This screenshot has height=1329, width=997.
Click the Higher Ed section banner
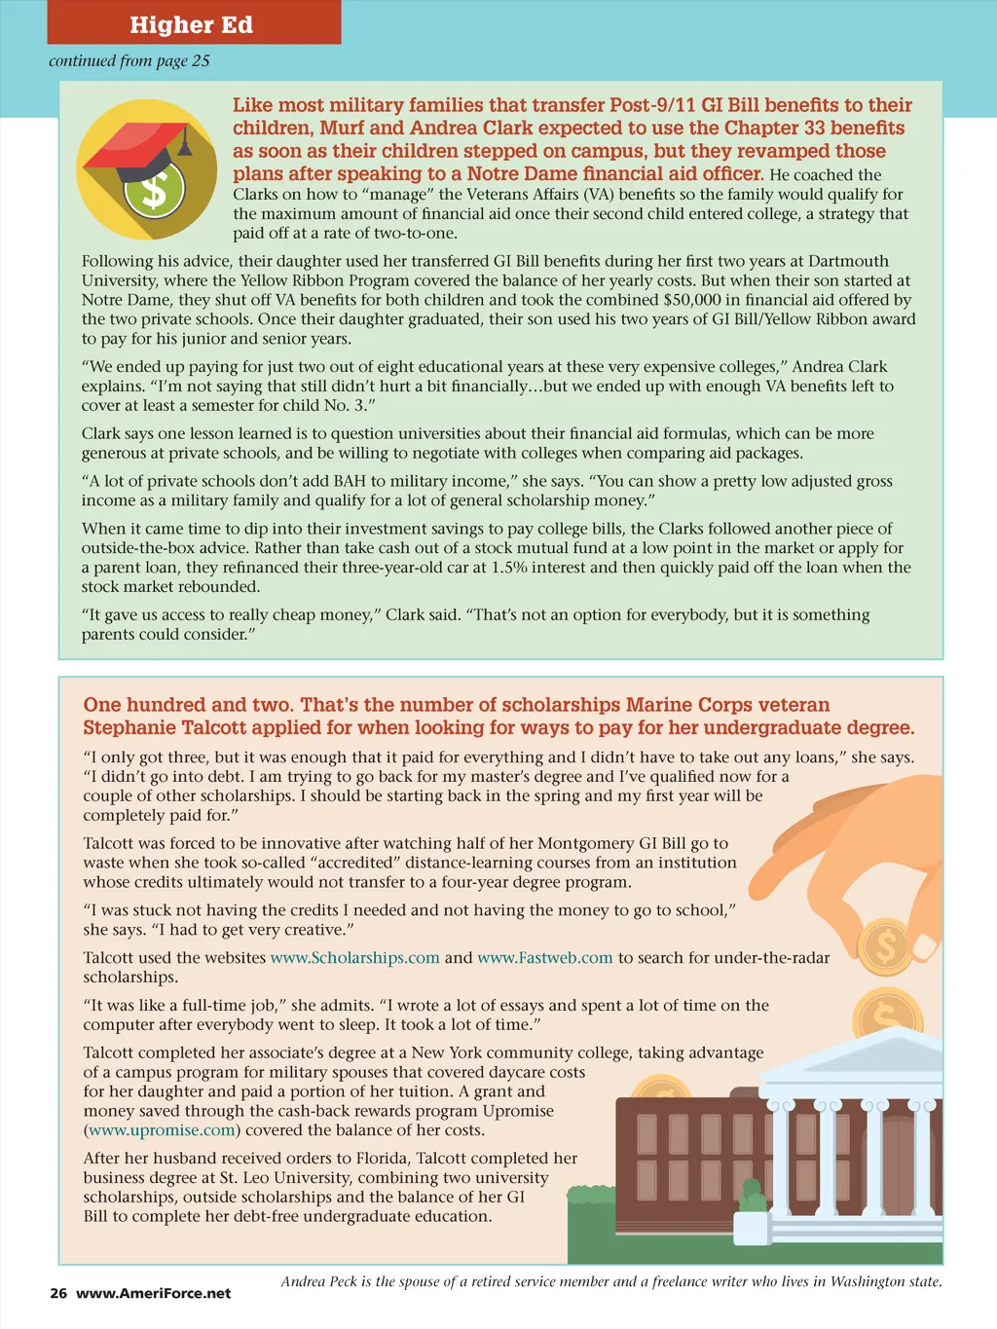tap(192, 24)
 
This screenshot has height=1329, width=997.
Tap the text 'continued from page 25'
tap(129, 60)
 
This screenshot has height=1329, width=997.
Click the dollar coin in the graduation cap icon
tap(154, 189)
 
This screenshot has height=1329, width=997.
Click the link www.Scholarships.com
tap(355, 958)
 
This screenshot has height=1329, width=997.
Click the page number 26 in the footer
tap(58, 1294)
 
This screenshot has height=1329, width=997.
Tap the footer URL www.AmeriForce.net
tap(154, 1294)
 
